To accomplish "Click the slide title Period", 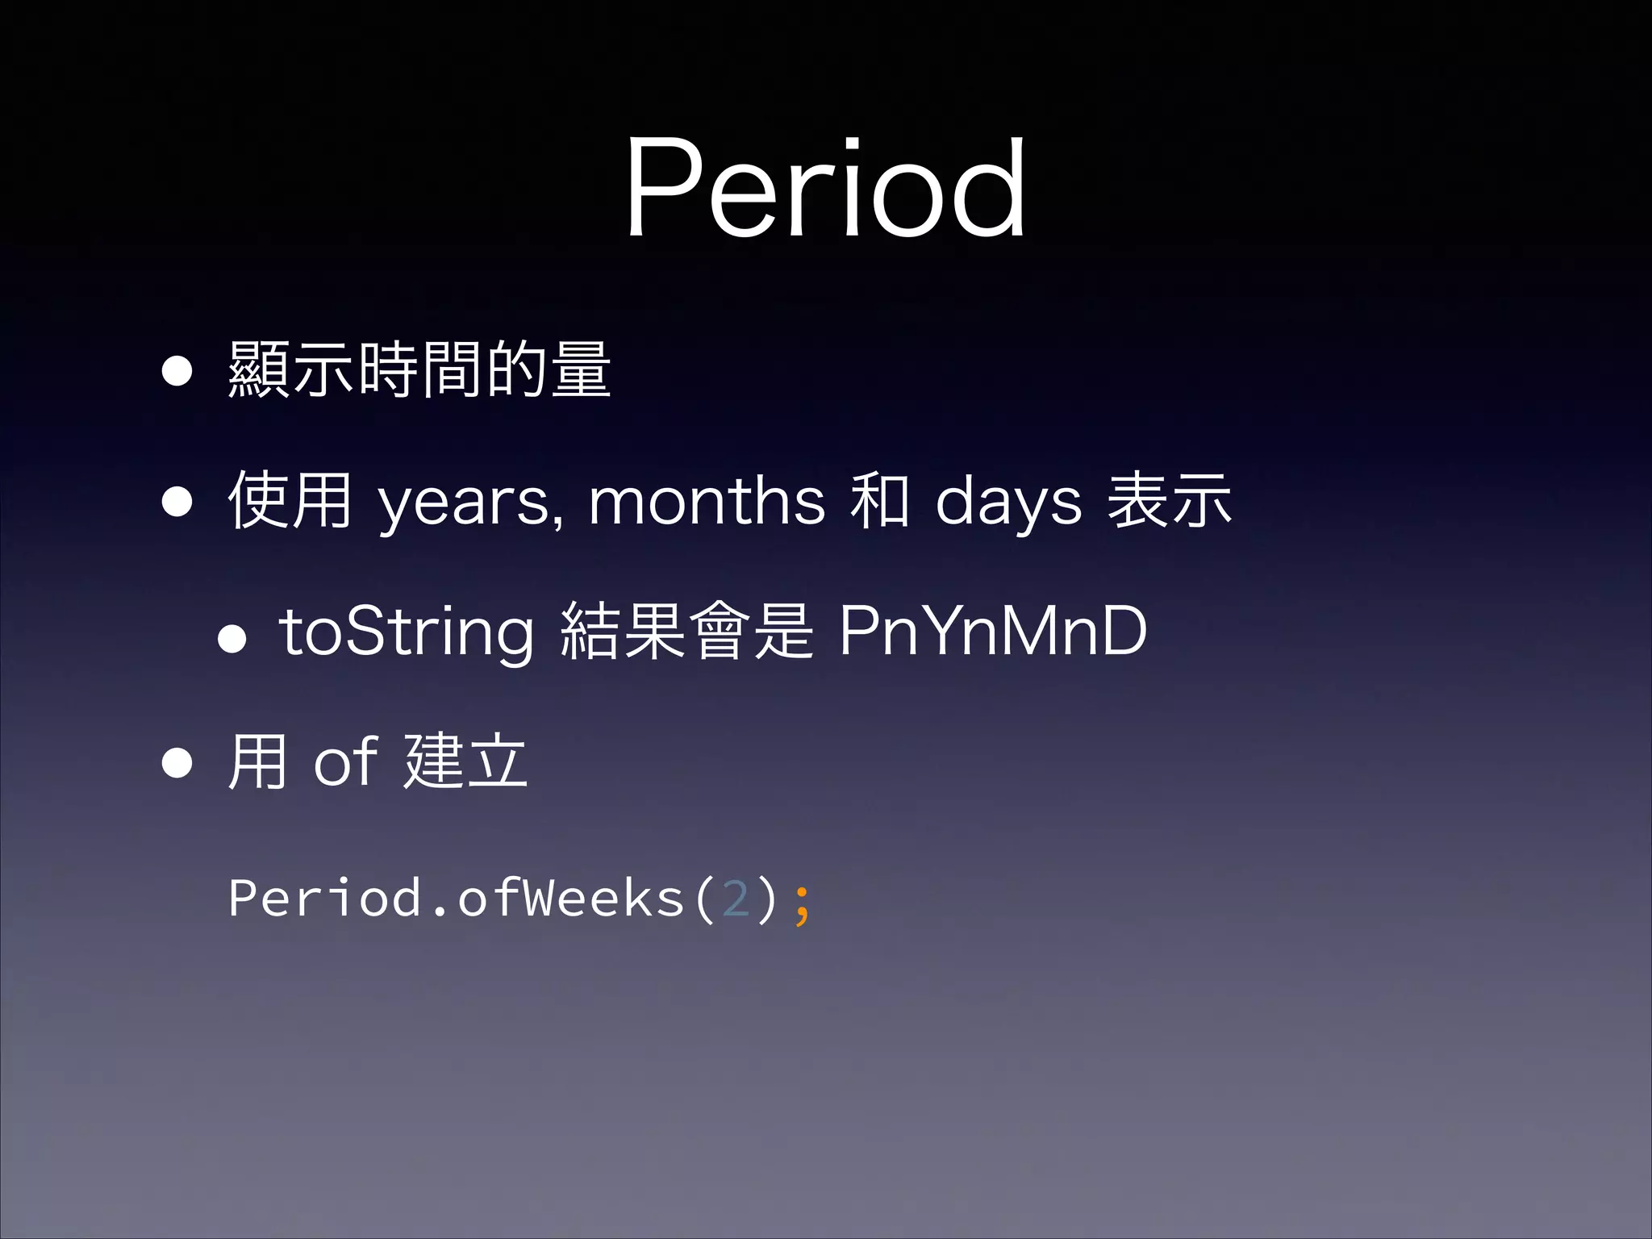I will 824,189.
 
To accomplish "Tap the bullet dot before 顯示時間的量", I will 177,371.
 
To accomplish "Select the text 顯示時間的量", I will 419,369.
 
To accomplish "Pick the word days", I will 1007,502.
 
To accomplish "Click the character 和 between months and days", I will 880,500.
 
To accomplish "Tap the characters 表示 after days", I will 1169,500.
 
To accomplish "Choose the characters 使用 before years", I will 290,500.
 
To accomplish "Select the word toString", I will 406,632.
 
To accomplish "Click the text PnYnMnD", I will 992,631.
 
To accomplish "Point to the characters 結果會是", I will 686,631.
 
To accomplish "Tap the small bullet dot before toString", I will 232,639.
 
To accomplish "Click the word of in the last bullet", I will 345,761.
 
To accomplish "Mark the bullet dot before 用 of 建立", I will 177,761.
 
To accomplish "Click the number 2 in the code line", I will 736,899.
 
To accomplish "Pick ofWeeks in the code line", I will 571,897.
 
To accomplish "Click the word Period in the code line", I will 324,897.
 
